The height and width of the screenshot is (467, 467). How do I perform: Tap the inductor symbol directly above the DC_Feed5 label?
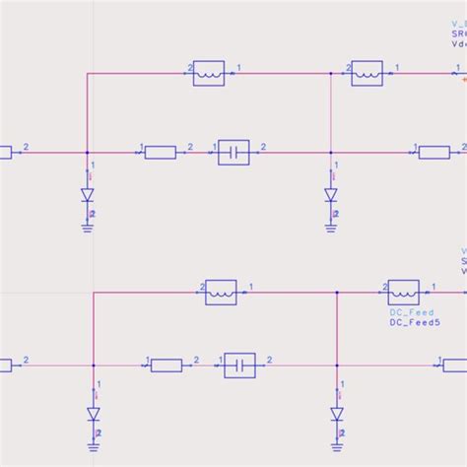click(x=403, y=292)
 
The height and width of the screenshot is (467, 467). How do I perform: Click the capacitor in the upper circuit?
click(x=233, y=152)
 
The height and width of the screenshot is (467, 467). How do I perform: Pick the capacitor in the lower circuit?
click(x=239, y=366)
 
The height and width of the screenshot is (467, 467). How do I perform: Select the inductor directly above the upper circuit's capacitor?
click(x=209, y=73)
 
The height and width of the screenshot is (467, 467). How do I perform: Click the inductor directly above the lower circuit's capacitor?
click(x=221, y=292)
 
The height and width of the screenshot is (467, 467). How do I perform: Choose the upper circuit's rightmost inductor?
click(x=367, y=73)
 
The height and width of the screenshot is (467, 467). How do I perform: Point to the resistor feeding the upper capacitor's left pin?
click(x=160, y=152)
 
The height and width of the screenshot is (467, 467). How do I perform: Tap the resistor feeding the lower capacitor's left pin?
click(x=167, y=366)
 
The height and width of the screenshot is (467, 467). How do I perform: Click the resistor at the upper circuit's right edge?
click(x=434, y=152)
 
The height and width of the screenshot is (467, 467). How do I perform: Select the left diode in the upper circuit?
click(x=88, y=194)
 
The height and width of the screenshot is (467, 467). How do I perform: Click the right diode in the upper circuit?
click(x=331, y=194)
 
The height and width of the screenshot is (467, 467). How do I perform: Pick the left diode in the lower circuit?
click(x=94, y=414)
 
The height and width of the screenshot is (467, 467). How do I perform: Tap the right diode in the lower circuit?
click(x=337, y=413)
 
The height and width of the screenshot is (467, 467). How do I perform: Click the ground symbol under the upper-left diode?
click(x=88, y=227)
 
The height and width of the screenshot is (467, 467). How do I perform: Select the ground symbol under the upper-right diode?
click(x=331, y=227)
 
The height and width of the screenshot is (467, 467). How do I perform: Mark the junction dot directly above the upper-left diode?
click(x=88, y=152)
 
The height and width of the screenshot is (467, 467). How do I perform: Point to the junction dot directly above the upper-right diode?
click(x=331, y=152)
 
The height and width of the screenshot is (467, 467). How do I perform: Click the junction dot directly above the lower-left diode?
click(x=94, y=366)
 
